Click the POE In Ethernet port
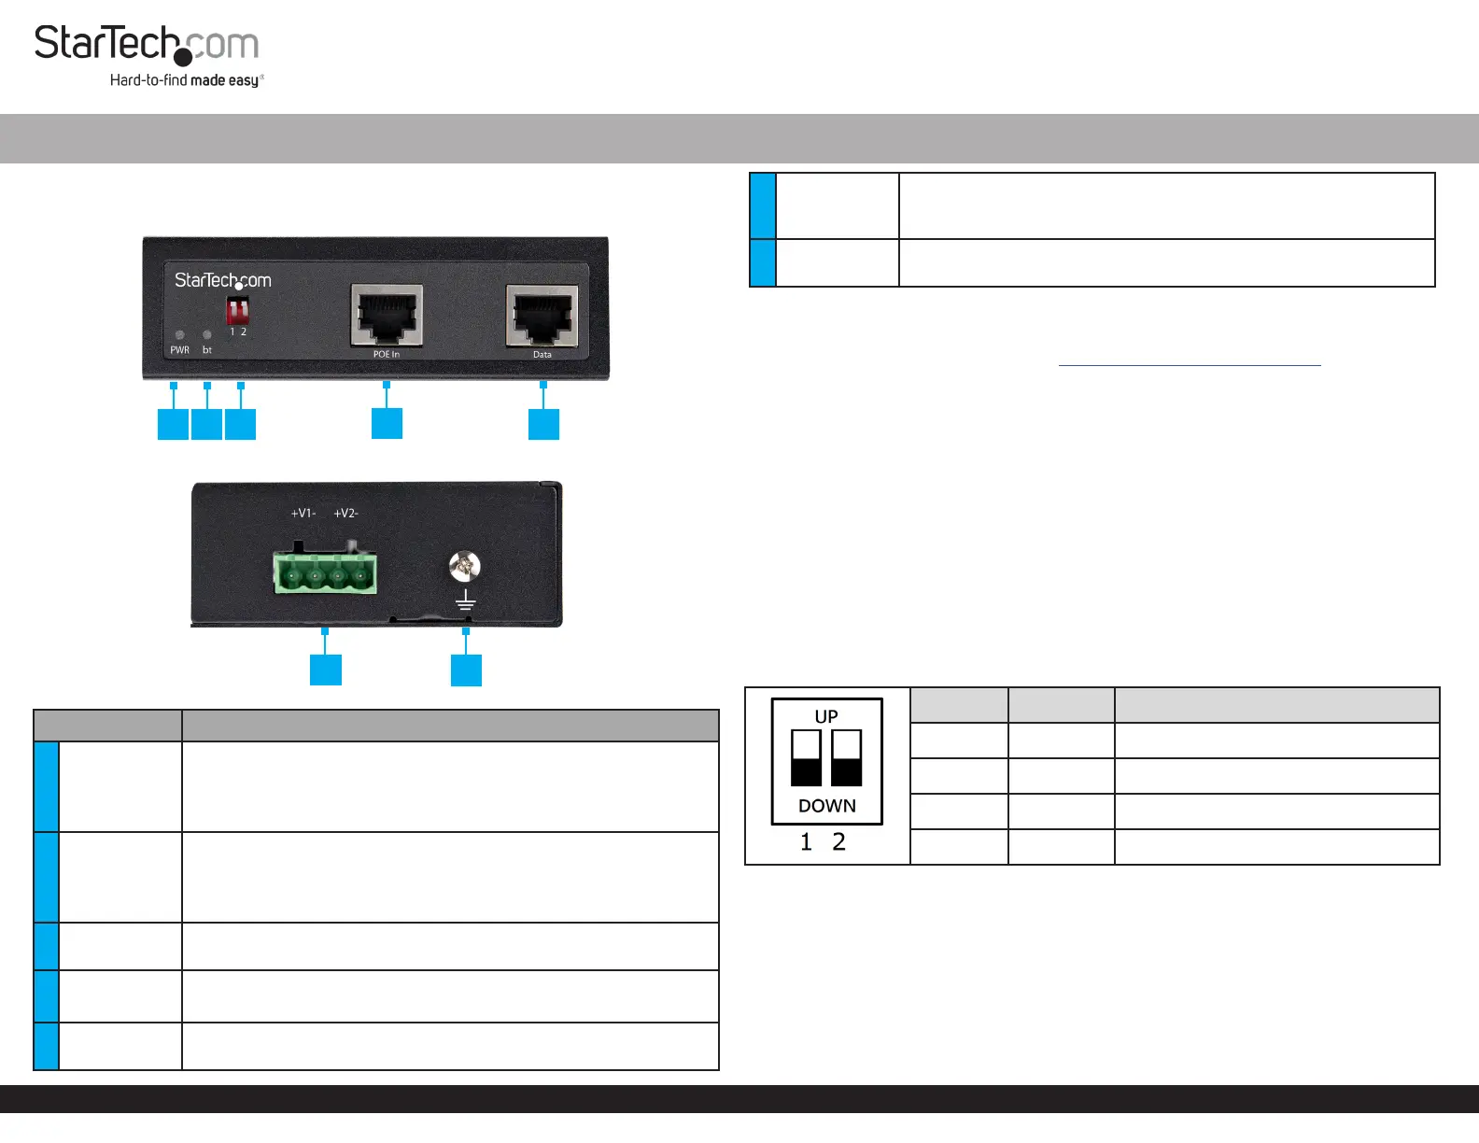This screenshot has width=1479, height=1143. point(387,315)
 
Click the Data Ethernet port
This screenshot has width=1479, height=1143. point(542,316)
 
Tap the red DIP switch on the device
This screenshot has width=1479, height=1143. point(237,309)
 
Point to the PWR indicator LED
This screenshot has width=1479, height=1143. point(180,334)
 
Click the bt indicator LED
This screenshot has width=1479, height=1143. point(206,334)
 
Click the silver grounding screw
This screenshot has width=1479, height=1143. point(464,565)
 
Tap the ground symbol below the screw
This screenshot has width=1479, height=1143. point(465,600)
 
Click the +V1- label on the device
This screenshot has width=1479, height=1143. point(303,514)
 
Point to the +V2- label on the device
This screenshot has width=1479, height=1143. point(345,514)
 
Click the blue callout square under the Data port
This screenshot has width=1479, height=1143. point(543,424)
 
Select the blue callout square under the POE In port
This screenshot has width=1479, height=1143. point(387,423)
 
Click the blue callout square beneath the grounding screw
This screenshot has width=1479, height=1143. point(466,670)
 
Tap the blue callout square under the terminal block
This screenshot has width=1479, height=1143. point(325,670)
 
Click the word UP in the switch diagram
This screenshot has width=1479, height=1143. point(826,716)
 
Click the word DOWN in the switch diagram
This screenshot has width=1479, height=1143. point(826,806)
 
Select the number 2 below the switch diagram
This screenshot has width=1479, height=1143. point(838,842)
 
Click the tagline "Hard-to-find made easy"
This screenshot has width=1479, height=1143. point(186,80)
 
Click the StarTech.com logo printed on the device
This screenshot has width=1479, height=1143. point(222,280)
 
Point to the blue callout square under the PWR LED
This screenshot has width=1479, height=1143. point(173,424)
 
